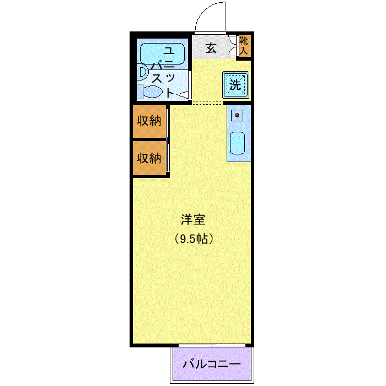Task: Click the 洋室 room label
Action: [x=193, y=219]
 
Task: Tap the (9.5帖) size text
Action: [x=194, y=239]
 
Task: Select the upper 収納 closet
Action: [x=149, y=121]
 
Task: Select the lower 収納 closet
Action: [x=149, y=158]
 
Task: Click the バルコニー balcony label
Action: [x=211, y=364]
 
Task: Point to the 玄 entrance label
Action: [x=211, y=48]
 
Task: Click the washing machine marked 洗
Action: [x=236, y=85]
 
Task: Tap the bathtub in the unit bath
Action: [x=162, y=53]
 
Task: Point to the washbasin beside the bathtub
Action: [x=142, y=72]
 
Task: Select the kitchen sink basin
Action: [x=237, y=143]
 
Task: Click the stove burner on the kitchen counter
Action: [x=237, y=115]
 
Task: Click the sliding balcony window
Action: [x=212, y=345]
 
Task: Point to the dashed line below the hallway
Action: [x=207, y=103]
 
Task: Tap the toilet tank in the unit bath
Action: [x=140, y=92]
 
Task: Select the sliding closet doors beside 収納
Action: [x=168, y=140]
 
